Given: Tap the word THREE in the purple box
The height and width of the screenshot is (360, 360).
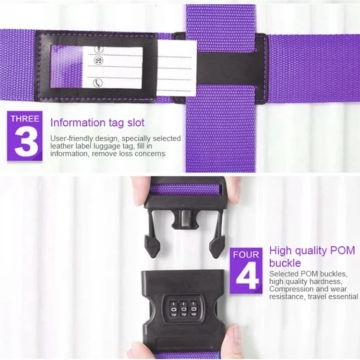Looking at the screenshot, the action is [25, 119].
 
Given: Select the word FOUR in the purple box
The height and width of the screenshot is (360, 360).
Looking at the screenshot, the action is [246, 254].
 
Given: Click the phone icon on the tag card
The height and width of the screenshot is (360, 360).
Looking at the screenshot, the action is [98, 83].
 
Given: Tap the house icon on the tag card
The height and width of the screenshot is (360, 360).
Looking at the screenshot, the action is [98, 60].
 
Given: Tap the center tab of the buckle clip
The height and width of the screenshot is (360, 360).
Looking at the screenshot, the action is [185, 219].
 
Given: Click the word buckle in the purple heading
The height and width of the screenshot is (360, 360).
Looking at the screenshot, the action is [285, 263].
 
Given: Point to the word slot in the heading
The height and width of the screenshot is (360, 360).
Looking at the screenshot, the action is [136, 122].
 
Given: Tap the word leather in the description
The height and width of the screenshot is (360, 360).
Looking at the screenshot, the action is [61, 146].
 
